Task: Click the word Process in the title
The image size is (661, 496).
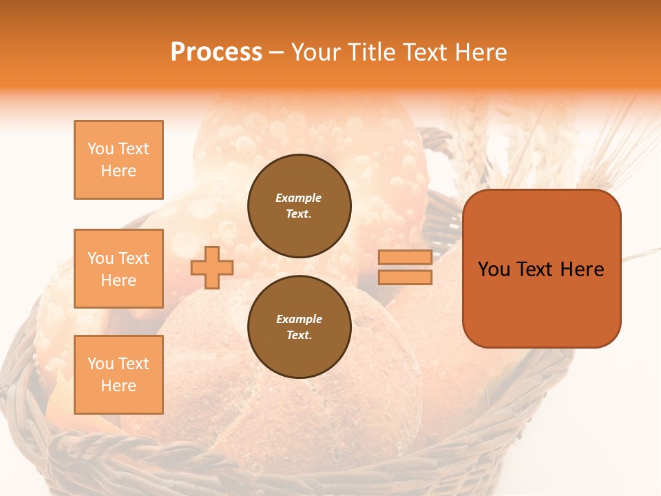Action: [x=216, y=52]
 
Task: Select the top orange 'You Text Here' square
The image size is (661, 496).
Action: [x=118, y=160]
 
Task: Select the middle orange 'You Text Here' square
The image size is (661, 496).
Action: [x=118, y=269]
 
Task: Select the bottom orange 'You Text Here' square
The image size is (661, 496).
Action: [x=118, y=374]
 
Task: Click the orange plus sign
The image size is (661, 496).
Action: [x=212, y=268]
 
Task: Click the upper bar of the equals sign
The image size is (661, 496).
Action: [x=405, y=258]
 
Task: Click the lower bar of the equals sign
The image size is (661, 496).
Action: [x=405, y=278]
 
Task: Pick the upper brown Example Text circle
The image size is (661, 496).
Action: [x=300, y=205]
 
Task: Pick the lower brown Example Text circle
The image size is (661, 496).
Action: [x=300, y=327]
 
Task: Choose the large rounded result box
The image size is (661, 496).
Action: [x=542, y=268]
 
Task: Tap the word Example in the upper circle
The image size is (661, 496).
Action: [x=299, y=198]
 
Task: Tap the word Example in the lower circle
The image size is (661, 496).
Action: [x=299, y=319]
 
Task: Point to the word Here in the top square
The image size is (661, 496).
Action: [x=118, y=171]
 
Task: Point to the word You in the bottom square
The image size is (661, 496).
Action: [x=101, y=364]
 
